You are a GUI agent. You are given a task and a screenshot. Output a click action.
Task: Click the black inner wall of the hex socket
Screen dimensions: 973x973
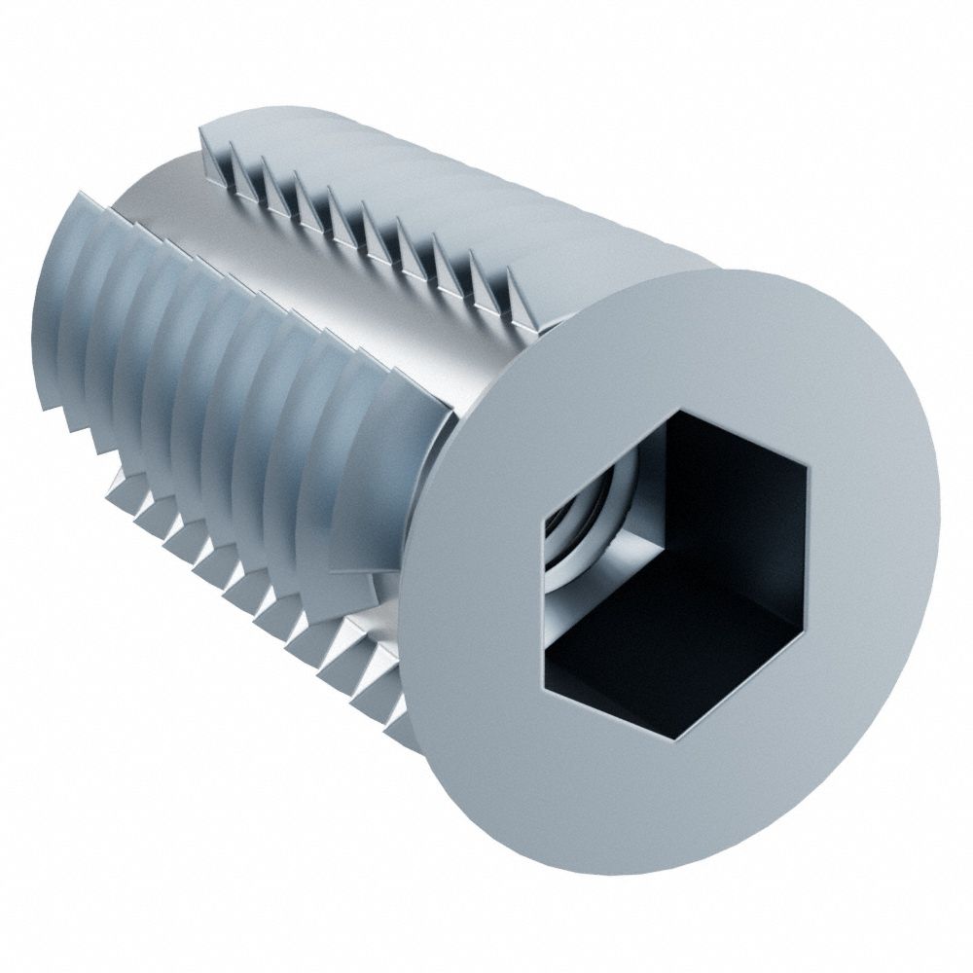pyautogui.click(x=739, y=486)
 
